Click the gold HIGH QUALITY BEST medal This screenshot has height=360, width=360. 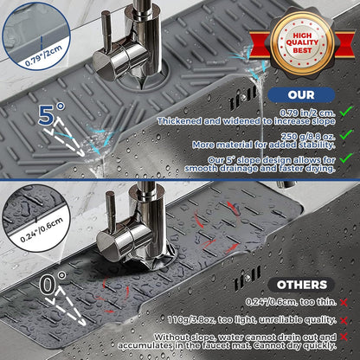303,43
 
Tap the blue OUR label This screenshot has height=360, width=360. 301,95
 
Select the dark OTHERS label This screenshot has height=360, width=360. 301,285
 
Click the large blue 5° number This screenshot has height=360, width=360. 51,114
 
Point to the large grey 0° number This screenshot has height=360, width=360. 53,283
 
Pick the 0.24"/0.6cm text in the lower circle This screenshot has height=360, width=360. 42,230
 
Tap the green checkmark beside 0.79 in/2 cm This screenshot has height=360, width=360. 346,112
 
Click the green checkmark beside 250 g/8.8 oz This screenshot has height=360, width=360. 346,135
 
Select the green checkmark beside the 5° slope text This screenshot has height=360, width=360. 346,158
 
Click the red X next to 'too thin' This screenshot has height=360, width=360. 344,303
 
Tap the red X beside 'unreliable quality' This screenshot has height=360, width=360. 344,320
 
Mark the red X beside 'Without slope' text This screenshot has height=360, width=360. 344,337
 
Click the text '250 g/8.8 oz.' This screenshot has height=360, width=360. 308,136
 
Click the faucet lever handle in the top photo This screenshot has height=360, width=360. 106,32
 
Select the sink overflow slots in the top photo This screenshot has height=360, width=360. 243,98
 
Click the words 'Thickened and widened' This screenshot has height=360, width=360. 209,121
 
